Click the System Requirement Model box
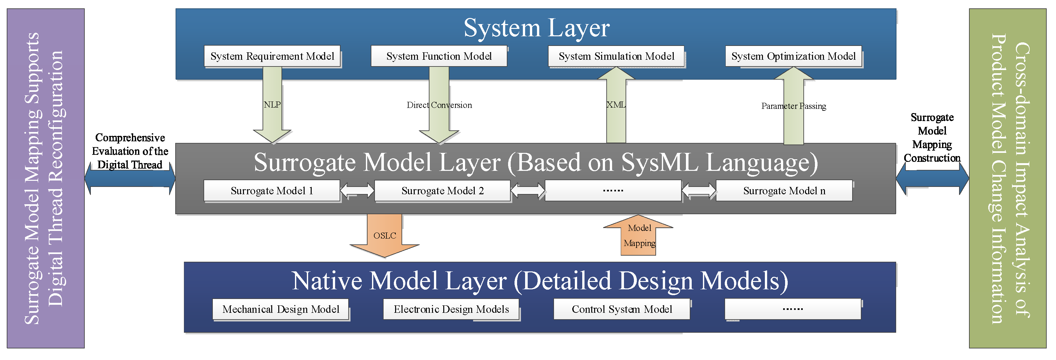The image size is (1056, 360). (272, 56)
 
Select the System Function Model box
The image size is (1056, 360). (439, 56)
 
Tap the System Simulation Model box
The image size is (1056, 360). (616, 56)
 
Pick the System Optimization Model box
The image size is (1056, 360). (793, 56)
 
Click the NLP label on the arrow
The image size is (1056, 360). (272, 105)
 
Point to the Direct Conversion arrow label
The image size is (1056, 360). (439, 105)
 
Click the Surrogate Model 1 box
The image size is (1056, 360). (272, 191)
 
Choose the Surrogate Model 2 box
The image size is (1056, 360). (442, 191)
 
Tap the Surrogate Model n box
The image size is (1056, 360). (784, 191)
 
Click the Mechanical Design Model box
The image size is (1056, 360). (281, 309)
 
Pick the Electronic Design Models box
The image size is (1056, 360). (451, 309)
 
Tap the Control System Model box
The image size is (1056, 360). (621, 309)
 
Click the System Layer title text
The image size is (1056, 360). (536, 28)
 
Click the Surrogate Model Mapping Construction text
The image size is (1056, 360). (932, 138)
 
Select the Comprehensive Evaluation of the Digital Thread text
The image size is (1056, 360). (130, 151)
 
